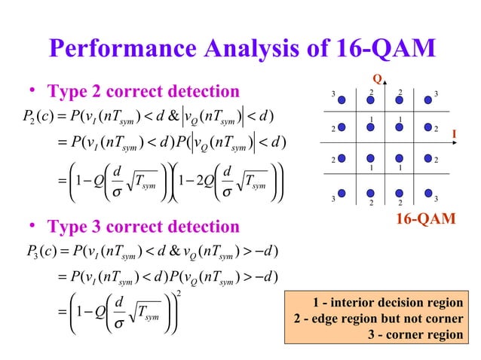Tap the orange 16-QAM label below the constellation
click(426, 219)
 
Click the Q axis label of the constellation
click(377, 79)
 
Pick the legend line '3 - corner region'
click(415, 334)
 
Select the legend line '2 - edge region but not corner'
click(377, 319)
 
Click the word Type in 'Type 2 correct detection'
click(66, 92)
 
